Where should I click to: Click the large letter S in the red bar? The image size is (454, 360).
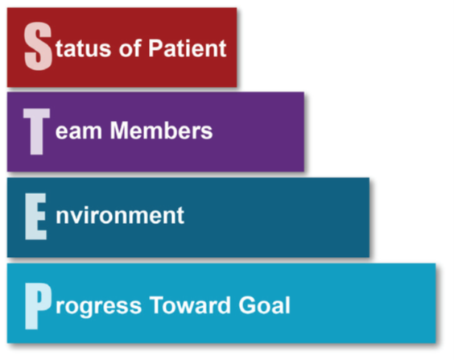click(38, 47)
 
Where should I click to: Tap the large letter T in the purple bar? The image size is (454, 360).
click(36, 131)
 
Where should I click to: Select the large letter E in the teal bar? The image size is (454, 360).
click(35, 217)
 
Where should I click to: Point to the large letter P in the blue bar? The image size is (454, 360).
click(38, 306)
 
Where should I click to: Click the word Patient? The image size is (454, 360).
click(188, 48)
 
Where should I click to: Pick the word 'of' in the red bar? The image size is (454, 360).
click(130, 48)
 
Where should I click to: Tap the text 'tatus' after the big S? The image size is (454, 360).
click(84, 48)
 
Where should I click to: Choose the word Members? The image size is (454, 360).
click(161, 130)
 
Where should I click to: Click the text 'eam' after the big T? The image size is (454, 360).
click(78, 133)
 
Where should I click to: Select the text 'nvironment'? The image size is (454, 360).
click(120, 216)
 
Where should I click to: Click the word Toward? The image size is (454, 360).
click(190, 305)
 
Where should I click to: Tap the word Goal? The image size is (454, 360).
click(264, 305)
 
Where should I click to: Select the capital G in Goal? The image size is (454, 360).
click(247, 305)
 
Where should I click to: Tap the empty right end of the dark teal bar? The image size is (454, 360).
click(278, 217)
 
